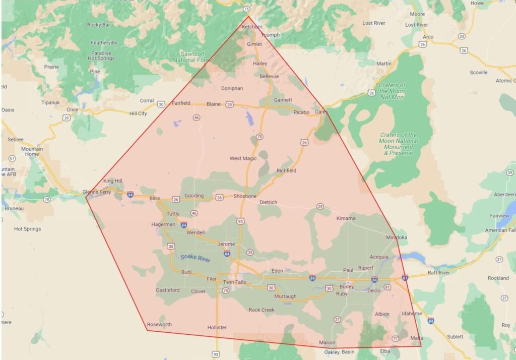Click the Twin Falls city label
[x=234, y=282]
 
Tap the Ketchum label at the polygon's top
[x=252, y=26]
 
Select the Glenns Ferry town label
[x=96, y=192]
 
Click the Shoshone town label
[x=245, y=196]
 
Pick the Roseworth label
[x=159, y=324]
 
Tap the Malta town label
[x=417, y=337]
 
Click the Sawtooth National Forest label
[x=197, y=56]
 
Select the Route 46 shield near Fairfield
[x=196, y=117]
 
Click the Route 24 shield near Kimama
[x=320, y=206]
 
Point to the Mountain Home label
[x=32, y=152]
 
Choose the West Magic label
[x=243, y=158]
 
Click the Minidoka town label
[x=397, y=237]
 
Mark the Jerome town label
[x=226, y=244]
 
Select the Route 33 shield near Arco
[x=462, y=36]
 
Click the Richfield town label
[x=286, y=170]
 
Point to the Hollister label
[x=217, y=327]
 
